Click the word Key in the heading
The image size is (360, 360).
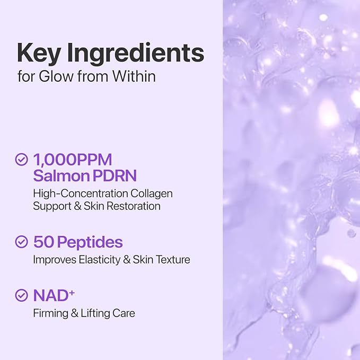tap(40, 54)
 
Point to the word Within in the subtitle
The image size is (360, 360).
tap(134, 76)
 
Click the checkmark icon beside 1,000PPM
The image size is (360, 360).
tap(22, 159)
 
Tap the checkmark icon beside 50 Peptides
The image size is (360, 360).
tap(22, 242)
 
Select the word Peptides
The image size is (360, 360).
tap(90, 242)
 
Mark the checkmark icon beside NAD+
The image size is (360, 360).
tap(22, 295)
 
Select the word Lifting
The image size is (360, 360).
tap(96, 313)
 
